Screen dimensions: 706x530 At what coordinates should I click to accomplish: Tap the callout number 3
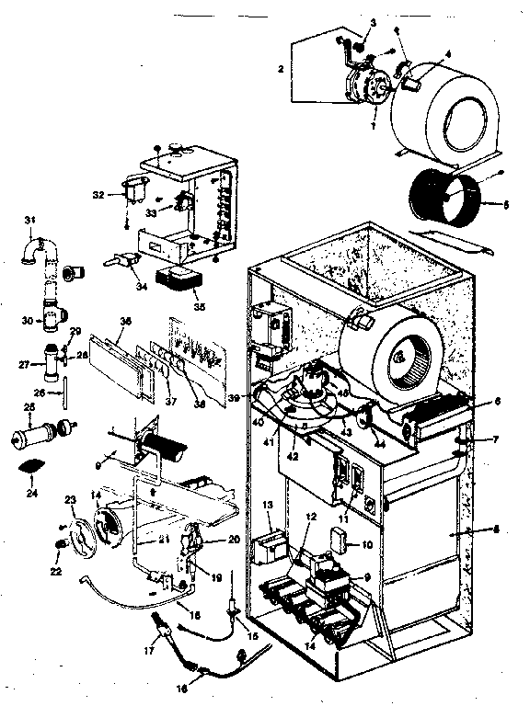click(x=361, y=21)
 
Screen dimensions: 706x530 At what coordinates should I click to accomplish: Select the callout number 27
click(x=27, y=364)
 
